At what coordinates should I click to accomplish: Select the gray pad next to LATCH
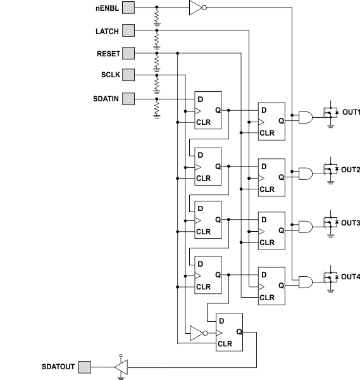tap(128, 30)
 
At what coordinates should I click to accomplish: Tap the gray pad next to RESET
tap(128, 53)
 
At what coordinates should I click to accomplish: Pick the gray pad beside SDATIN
tap(128, 98)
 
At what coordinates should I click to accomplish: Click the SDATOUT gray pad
tap(84, 367)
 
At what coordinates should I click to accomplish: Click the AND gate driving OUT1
tap(306, 117)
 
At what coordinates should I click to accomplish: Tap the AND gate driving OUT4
tap(306, 281)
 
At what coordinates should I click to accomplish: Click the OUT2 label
tap(351, 170)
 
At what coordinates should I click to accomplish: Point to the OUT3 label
tap(351, 223)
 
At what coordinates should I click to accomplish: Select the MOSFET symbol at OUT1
tap(328, 113)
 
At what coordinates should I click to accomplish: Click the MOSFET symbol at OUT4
tap(328, 277)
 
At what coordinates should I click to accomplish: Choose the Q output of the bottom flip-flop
tap(239, 332)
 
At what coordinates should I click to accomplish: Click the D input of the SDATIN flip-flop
tap(200, 100)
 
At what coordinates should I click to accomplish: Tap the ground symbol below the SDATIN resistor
tap(156, 116)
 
